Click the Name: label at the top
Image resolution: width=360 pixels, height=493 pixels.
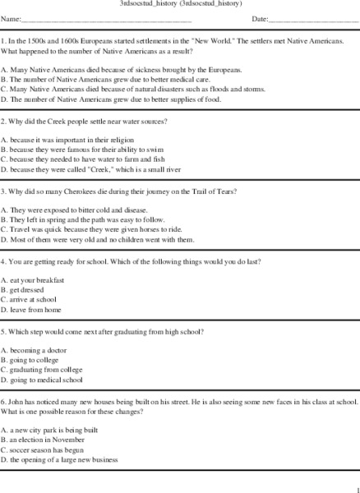coord(10,18)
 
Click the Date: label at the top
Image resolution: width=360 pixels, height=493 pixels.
coord(260,18)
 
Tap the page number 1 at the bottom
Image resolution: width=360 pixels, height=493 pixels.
coord(356,486)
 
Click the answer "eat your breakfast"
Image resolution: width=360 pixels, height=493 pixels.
coord(36,281)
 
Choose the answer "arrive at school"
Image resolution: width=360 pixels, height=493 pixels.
coord(34,301)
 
